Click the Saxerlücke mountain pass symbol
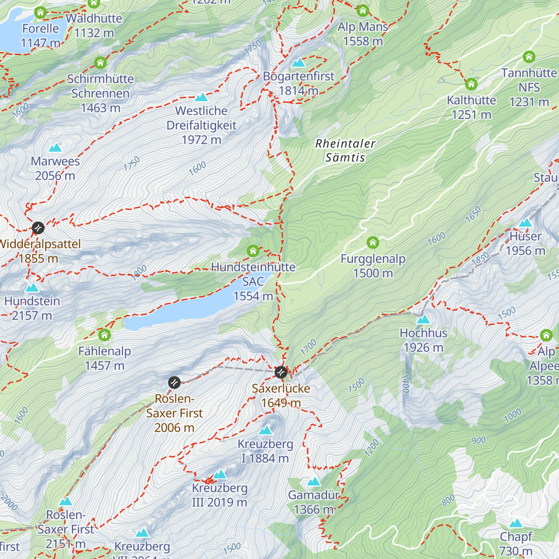(x=280, y=372)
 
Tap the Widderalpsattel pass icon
(x=38, y=228)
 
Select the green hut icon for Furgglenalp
(x=373, y=242)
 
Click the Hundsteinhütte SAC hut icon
(x=253, y=251)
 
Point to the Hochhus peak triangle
(x=423, y=320)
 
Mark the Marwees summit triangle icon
(x=55, y=148)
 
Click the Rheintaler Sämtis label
(x=345, y=150)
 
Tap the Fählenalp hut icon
(x=104, y=335)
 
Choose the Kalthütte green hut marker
(x=471, y=84)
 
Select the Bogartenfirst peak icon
(x=298, y=62)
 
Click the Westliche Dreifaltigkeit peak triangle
(x=201, y=97)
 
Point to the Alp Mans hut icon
(x=363, y=10)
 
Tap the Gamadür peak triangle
(x=314, y=482)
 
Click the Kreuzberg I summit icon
(x=266, y=430)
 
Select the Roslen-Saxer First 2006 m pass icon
(x=174, y=382)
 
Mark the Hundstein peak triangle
(x=32, y=287)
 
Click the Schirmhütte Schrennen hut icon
(x=100, y=62)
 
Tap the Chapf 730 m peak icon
(x=516, y=523)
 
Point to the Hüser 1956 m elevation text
(x=525, y=251)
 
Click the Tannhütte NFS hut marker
(x=529, y=57)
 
